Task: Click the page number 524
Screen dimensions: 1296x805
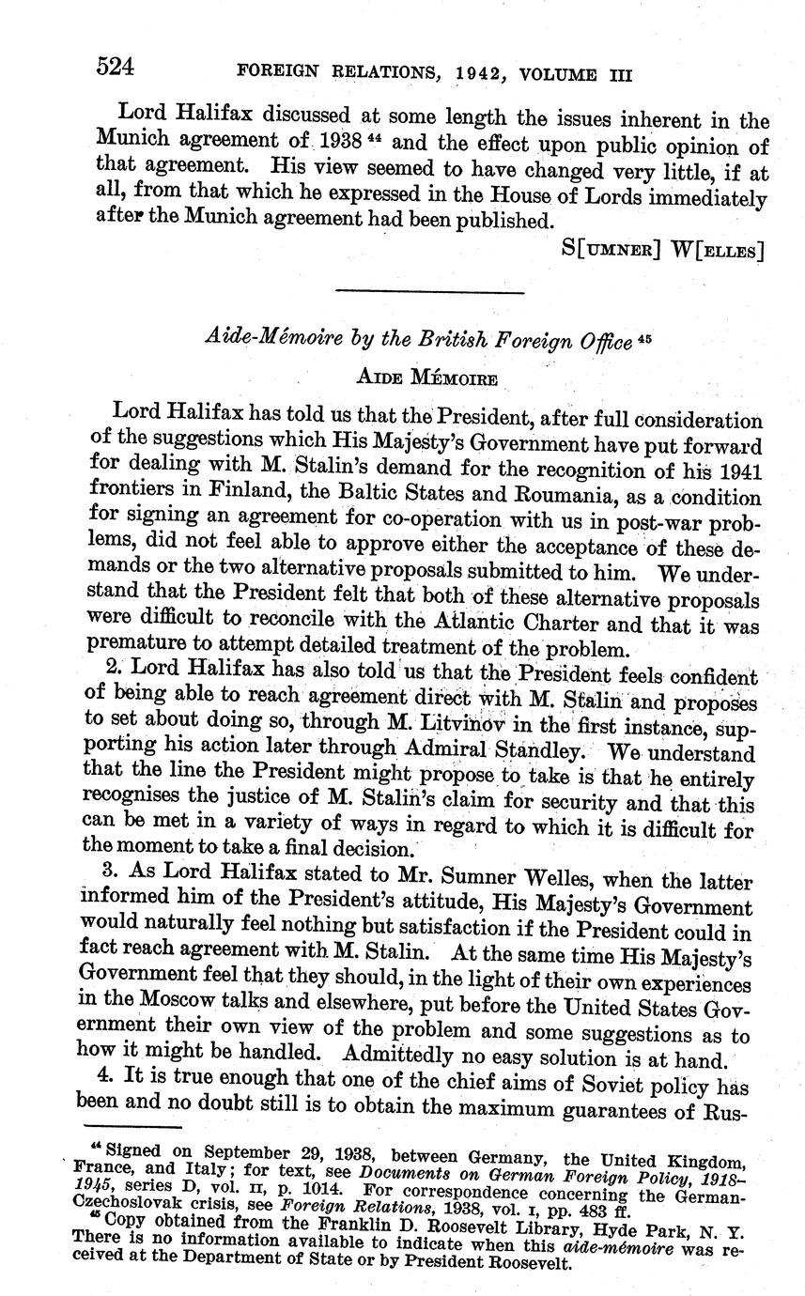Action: point(116,67)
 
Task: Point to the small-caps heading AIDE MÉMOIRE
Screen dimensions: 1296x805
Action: point(426,378)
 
